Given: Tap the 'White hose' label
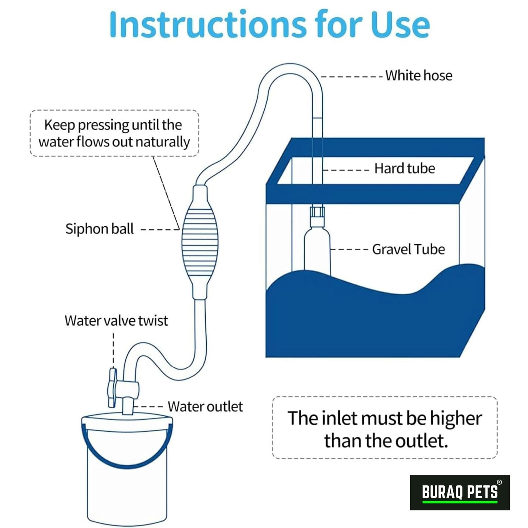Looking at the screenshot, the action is (x=419, y=75).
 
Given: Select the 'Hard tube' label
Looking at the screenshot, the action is (x=404, y=168).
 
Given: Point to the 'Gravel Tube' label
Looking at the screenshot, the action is (x=408, y=249).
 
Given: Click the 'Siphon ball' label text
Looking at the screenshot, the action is (x=99, y=229).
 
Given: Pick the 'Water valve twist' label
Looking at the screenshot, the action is (x=116, y=321).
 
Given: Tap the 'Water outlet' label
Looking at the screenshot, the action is (x=205, y=407).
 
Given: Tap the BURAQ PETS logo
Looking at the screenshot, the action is (x=460, y=492).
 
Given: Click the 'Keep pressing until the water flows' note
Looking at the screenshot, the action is (x=114, y=133).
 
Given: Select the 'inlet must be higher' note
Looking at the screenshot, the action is (x=385, y=428).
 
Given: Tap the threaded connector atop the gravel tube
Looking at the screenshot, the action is (x=317, y=216).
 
